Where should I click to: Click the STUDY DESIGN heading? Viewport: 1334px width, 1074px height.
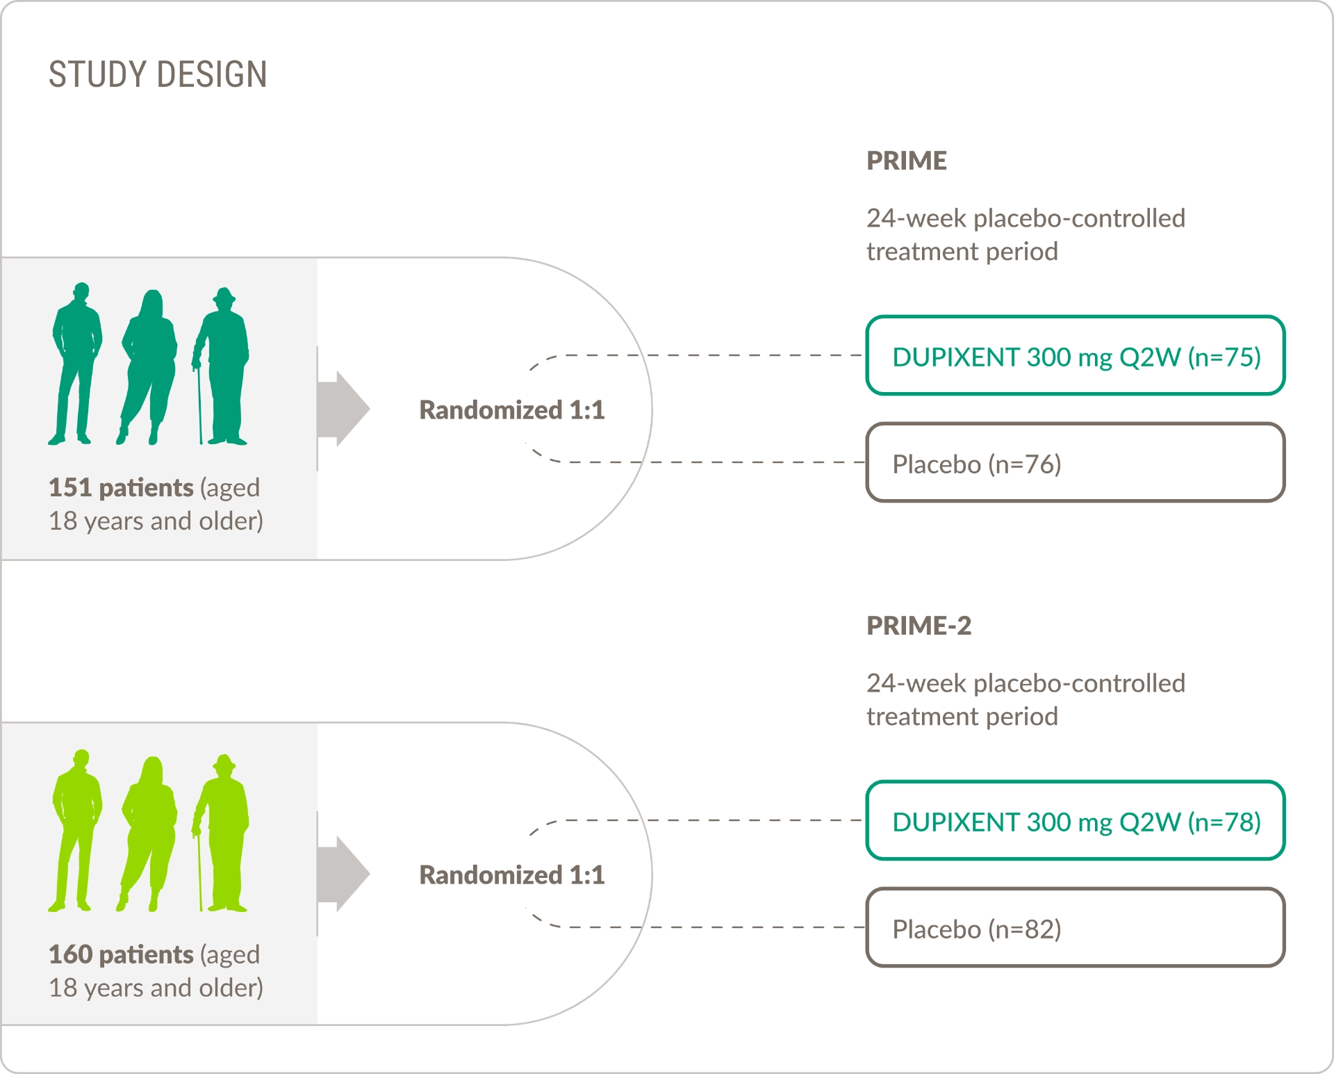[158, 74]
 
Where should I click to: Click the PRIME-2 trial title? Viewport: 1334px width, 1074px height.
[919, 626]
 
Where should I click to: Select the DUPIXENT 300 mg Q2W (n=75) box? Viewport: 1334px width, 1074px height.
[1075, 356]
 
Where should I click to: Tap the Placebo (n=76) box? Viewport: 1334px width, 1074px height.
[1075, 463]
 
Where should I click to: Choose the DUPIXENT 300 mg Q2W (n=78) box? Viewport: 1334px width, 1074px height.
[1075, 821]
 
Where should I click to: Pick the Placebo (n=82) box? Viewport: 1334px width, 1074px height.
[1075, 928]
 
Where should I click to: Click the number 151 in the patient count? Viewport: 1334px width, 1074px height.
[69, 488]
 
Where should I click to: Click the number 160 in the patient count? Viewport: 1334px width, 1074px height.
[70, 954]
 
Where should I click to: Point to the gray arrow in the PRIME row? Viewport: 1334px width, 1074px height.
[344, 409]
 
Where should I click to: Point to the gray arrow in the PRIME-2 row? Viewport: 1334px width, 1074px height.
[344, 874]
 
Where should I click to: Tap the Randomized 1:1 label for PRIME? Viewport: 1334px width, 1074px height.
[512, 410]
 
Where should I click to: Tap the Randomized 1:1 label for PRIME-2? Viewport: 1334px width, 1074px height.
[512, 875]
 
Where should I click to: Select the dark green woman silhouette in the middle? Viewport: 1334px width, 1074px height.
[149, 361]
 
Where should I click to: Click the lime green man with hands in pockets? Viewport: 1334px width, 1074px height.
[76, 827]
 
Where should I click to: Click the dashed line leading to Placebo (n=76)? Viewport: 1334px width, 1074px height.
[730, 462]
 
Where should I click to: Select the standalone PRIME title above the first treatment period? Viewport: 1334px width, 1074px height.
[906, 161]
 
